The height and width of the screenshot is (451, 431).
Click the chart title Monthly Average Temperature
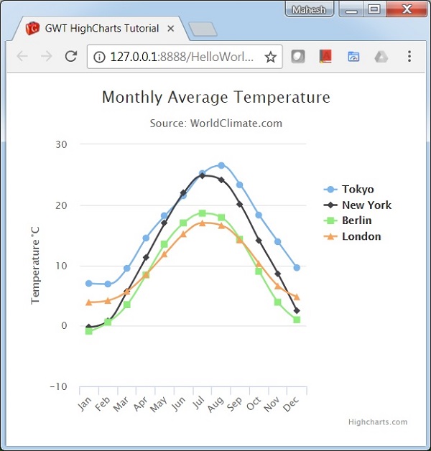coord(215,97)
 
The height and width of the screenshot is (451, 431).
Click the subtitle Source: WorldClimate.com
coord(215,124)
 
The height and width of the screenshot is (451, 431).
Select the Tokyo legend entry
coord(357,190)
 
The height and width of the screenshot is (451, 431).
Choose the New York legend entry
coord(366,205)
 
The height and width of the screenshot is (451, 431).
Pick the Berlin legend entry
coord(356,220)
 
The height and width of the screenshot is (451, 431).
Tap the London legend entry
coord(361,236)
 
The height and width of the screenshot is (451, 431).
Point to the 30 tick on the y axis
coord(61,144)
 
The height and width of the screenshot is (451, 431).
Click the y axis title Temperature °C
coord(35,265)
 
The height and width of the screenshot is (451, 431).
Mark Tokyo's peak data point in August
coord(221,165)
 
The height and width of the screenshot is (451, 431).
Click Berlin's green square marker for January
coord(89,331)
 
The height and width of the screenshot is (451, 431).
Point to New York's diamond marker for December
coord(297,311)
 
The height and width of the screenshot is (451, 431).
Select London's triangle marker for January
coord(89,302)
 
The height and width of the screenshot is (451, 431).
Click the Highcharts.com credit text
coord(378,422)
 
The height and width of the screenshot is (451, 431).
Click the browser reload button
coord(70,57)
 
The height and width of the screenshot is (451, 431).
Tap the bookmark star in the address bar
coord(271,57)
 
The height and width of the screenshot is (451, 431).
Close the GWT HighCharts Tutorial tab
coord(171,29)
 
